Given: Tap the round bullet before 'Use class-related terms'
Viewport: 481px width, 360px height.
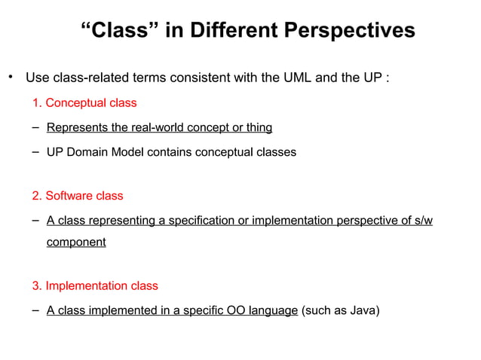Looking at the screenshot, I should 11,77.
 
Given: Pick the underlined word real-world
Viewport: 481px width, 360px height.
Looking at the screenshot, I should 159,127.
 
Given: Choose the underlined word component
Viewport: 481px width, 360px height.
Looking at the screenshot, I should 76,243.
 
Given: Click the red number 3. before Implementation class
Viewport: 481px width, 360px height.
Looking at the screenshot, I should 37,286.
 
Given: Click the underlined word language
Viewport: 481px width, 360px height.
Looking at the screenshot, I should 273,310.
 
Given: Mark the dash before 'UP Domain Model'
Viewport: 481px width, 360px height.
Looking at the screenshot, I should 35,152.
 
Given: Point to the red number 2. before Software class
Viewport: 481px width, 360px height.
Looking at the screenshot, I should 37,196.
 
